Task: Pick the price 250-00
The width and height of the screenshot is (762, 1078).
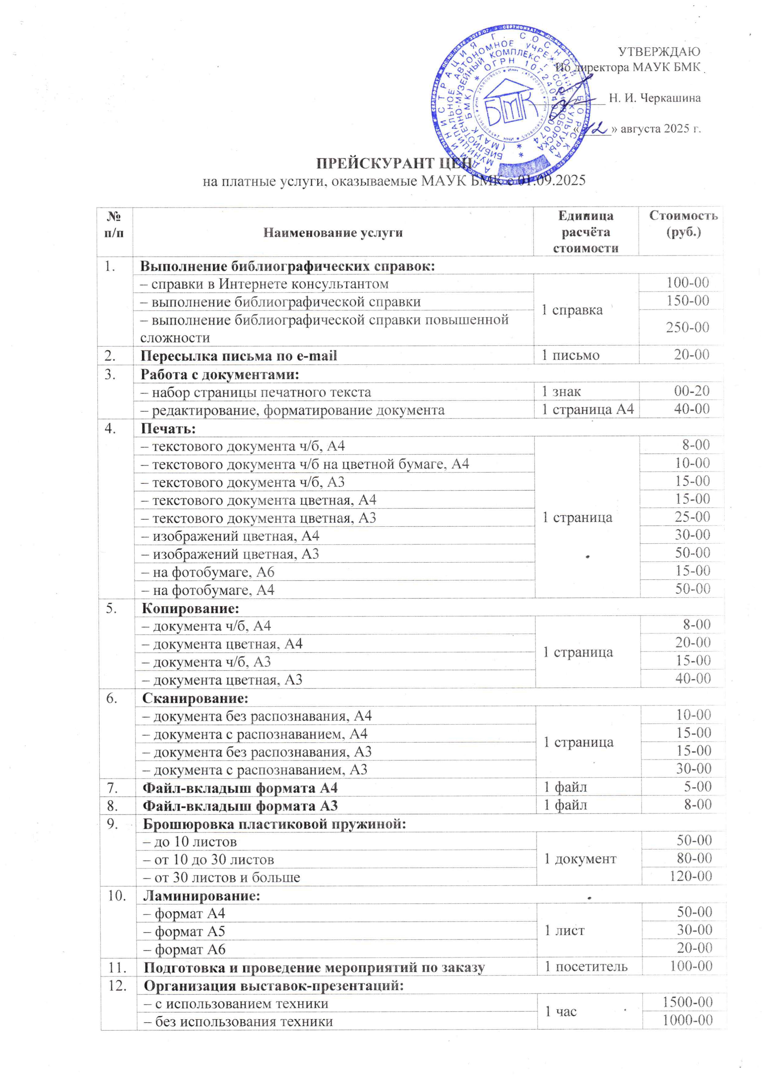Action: pyautogui.click(x=687, y=327)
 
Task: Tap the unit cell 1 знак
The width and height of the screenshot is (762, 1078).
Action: pyautogui.click(x=561, y=392)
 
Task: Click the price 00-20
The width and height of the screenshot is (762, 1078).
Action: pyautogui.click(x=692, y=391)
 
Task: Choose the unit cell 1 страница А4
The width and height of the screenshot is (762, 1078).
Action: pyautogui.click(x=587, y=409)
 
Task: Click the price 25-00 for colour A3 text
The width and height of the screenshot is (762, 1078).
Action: pyautogui.click(x=693, y=517)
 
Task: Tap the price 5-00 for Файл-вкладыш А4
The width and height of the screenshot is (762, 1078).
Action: pyautogui.click(x=698, y=786)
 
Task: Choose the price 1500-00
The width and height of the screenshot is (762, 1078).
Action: pyautogui.click(x=687, y=1002)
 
